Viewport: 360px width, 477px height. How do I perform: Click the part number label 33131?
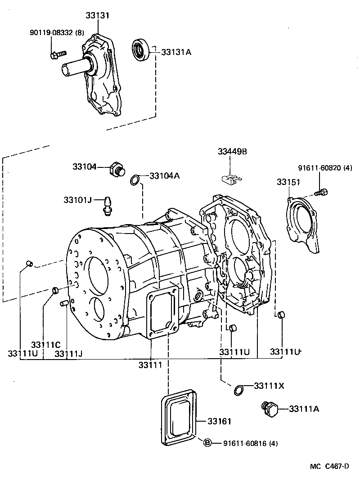tap(98, 15)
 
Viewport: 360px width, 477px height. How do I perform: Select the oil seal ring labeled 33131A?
tap(140, 49)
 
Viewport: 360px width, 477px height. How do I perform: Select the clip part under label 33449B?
tap(231, 180)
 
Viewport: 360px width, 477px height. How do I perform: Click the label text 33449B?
tap(232, 152)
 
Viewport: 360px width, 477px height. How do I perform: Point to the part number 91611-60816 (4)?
tap(250, 443)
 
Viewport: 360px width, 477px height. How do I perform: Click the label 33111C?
tap(45, 345)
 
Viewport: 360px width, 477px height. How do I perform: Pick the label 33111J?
tap(68, 353)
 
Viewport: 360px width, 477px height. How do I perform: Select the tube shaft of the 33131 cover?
tap(74, 67)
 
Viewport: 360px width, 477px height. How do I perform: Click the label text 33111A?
tap(304, 409)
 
